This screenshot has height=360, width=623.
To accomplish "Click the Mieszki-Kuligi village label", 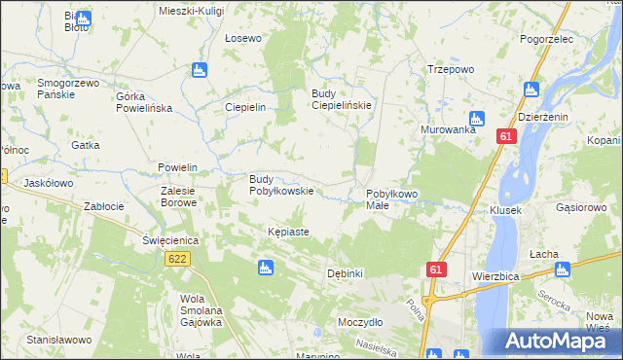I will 191,10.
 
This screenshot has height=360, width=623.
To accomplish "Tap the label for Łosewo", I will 243,39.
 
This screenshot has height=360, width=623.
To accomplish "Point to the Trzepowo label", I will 450,69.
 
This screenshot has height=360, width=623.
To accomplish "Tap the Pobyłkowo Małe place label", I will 391,200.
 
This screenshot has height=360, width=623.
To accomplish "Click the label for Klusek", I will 506,210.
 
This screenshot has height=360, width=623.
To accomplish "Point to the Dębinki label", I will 346,273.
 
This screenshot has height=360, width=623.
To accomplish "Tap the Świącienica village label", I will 170,239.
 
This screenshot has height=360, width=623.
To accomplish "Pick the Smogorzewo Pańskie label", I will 69,90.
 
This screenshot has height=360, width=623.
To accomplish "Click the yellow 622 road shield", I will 177,259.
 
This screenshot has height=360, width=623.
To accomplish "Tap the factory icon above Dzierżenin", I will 531,90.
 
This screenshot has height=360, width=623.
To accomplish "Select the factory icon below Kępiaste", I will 265,268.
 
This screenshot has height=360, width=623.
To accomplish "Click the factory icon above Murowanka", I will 477,117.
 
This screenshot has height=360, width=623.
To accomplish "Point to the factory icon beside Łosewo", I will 200,70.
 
